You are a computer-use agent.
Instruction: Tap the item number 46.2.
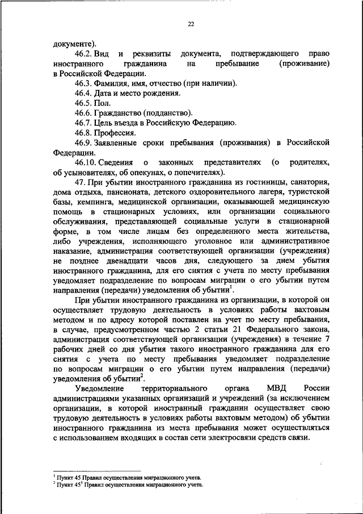point(86,53)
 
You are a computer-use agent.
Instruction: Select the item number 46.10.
point(88,164)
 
